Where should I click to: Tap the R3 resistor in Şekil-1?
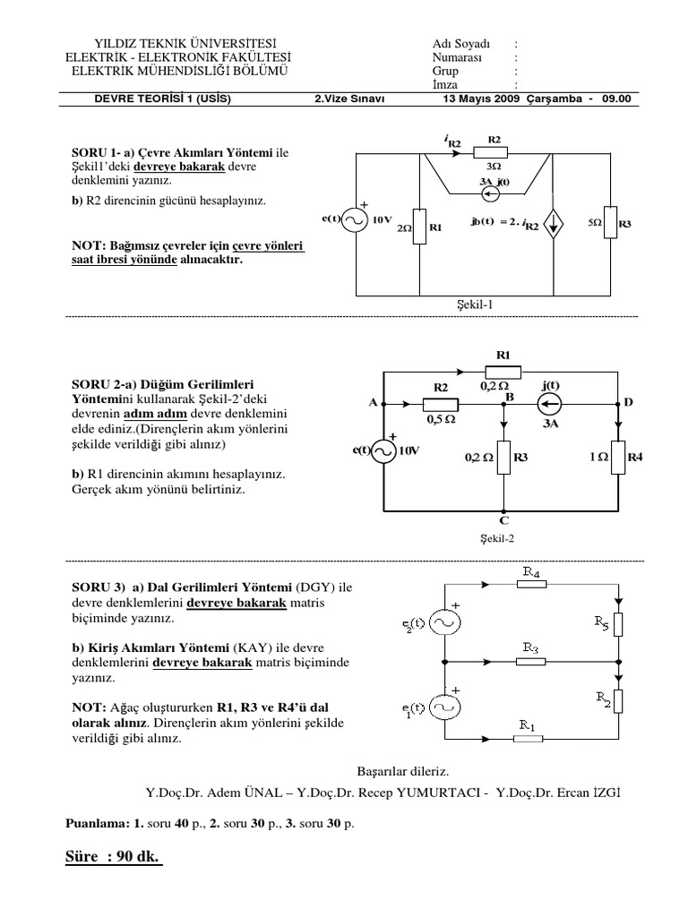click(x=610, y=222)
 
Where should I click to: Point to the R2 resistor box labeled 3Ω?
click(x=493, y=154)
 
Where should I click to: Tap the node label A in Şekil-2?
click(x=373, y=403)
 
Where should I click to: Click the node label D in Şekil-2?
click(x=629, y=403)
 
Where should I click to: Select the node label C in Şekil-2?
click(x=505, y=520)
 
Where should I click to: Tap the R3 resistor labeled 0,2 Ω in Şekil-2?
click(x=505, y=458)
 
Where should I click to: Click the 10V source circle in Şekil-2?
click(x=383, y=451)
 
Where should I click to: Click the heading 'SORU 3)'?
click(x=97, y=587)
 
